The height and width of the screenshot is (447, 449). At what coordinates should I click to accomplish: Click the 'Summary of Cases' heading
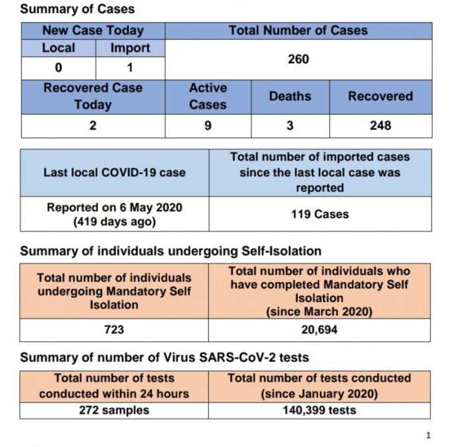coord(77,9)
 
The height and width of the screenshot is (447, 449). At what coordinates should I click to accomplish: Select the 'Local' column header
coord(59,48)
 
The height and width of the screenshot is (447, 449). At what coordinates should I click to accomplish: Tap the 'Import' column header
coord(130,48)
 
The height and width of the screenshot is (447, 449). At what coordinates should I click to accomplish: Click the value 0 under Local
coord(59,68)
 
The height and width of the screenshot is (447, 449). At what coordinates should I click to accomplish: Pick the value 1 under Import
coord(130,68)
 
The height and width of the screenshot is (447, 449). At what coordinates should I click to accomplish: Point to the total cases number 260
coord(299,59)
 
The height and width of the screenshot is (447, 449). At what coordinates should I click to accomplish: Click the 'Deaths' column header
coord(290,96)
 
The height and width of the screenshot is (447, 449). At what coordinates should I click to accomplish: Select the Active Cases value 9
coord(208,126)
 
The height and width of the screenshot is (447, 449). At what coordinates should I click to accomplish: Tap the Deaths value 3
coord(290,126)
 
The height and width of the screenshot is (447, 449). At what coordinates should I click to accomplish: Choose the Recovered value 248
coord(381,126)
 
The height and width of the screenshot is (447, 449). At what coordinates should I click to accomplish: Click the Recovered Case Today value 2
coord(93,126)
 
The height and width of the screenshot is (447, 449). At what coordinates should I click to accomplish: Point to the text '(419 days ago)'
coord(115,222)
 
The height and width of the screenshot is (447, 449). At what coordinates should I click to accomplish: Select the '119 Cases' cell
coord(320,214)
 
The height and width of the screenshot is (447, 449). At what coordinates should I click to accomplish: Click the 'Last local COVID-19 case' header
coord(115,173)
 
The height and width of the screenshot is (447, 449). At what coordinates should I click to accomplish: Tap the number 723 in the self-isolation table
coord(114,330)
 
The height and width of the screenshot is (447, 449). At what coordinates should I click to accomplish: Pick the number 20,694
coord(319,330)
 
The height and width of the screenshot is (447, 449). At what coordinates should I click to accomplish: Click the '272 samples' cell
coord(114,410)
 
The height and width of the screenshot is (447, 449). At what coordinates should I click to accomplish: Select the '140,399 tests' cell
coord(319,410)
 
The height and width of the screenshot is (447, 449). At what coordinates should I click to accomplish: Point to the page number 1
coord(428,435)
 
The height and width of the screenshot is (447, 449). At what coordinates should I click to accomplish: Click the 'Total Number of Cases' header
coord(299,30)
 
